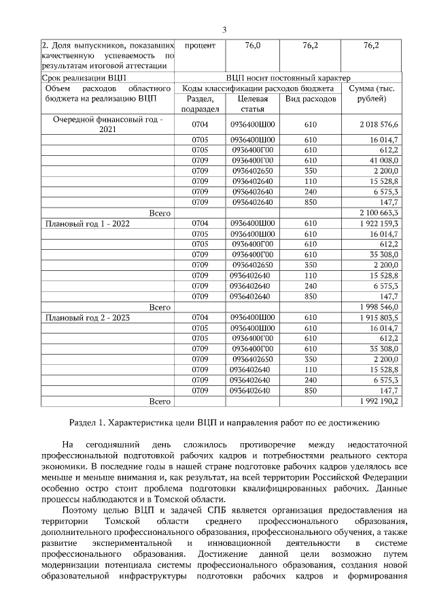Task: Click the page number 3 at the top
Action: click(x=224, y=29)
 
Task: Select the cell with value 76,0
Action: click(x=252, y=45)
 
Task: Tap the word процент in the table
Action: click(x=200, y=45)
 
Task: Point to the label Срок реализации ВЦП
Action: click(x=75, y=78)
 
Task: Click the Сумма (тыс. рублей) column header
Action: click(x=372, y=94)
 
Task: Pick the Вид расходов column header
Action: click(x=311, y=99)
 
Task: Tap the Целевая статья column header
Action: click(x=252, y=104)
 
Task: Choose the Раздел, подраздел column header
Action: click(x=200, y=104)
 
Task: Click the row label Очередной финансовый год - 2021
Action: click(x=108, y=124)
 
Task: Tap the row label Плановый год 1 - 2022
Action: click(x=88, y=223)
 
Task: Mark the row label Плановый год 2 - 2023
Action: click(x=88, y=318)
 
